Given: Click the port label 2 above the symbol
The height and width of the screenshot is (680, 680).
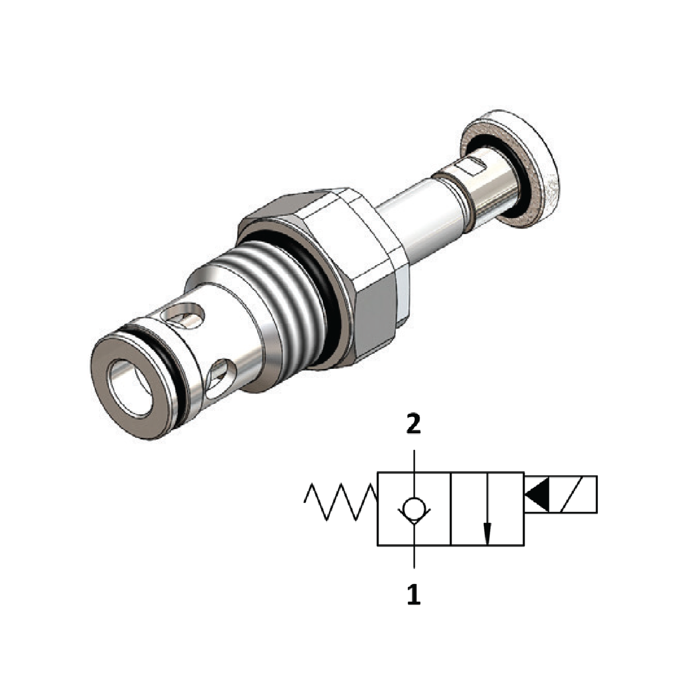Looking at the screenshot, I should pos(413,425).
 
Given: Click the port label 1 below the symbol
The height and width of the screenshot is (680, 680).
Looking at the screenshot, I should pos(413,594).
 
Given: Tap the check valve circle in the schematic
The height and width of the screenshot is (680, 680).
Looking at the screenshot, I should pos(413,509).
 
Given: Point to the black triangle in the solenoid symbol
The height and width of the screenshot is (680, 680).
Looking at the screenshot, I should pos(536,494).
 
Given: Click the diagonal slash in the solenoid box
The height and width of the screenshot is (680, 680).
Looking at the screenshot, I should pos(573,494).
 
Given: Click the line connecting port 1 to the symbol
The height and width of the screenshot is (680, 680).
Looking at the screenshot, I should pos(413,561).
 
